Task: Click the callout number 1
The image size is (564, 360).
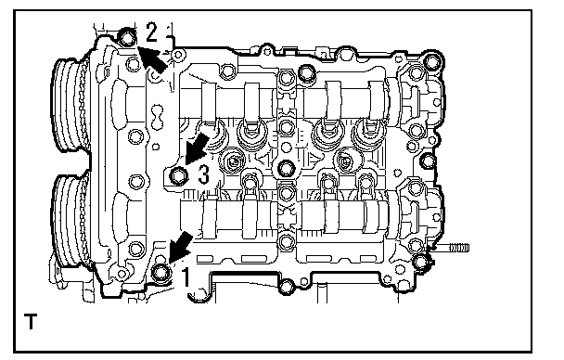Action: [186, 276]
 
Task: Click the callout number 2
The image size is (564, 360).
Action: [151, 32]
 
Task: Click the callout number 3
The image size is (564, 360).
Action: [203, 174]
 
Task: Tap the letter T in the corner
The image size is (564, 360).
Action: [31, 321]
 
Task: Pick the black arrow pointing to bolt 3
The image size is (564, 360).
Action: [196, 148]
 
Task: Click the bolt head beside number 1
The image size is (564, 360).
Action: [160, 272]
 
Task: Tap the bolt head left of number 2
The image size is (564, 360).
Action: [127, 37]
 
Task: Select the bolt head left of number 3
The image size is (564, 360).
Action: [178, 176]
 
